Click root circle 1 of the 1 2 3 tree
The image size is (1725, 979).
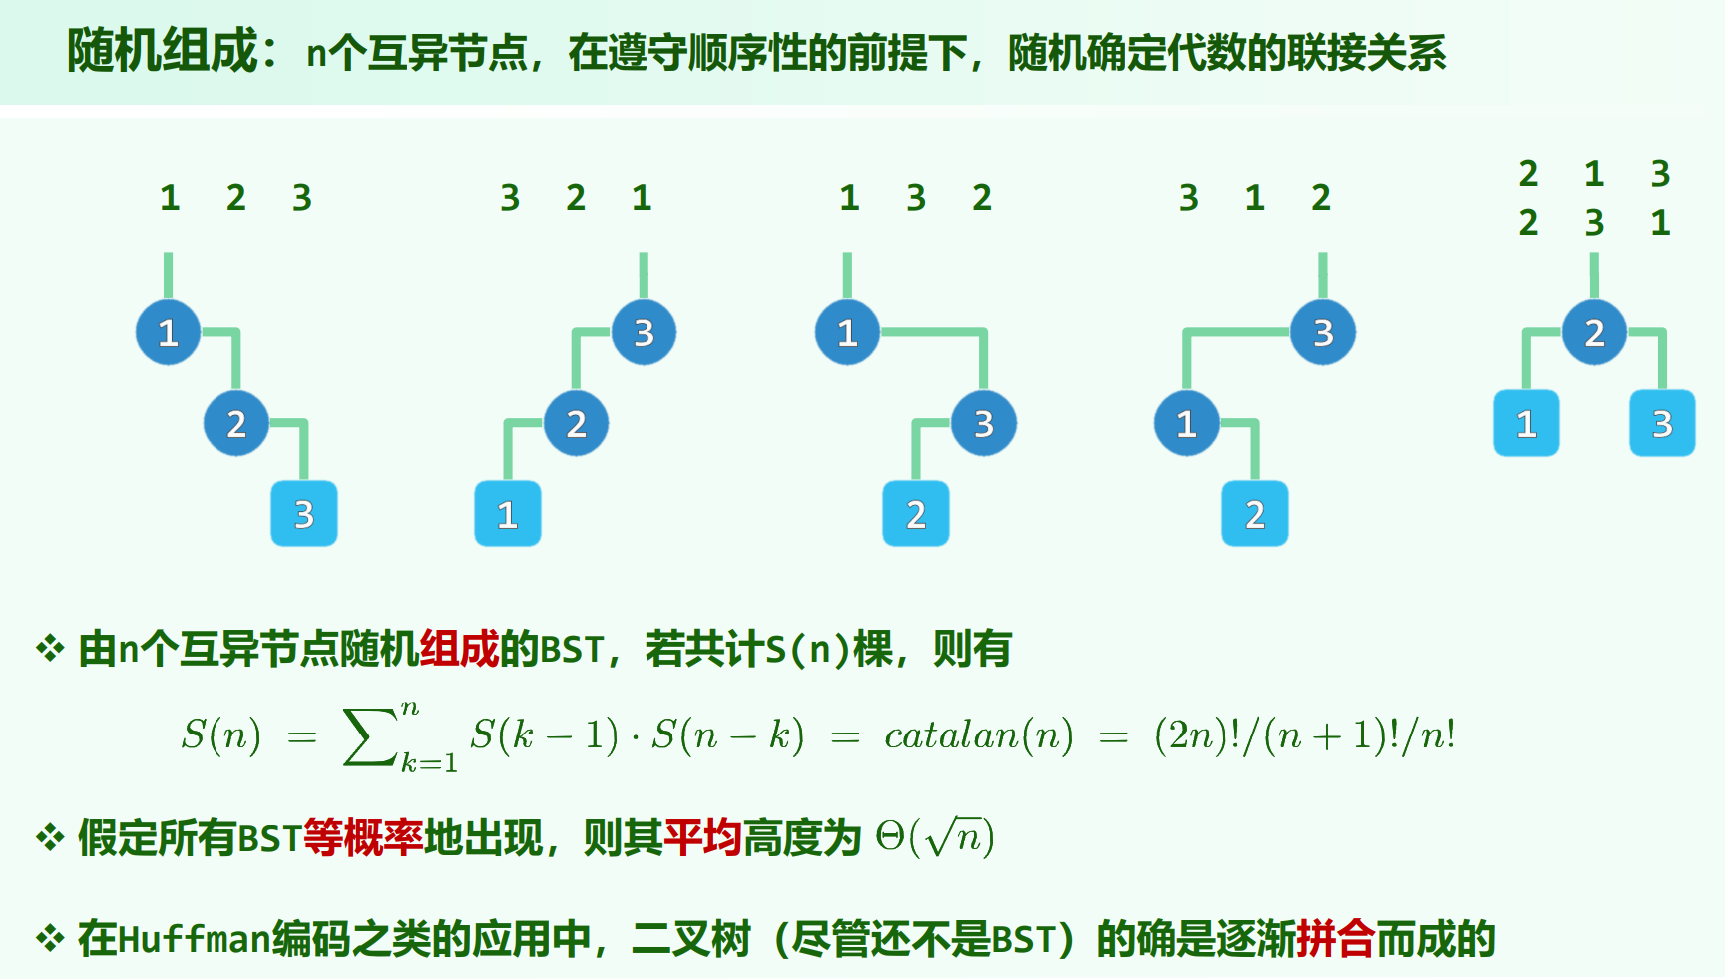click(168, 332)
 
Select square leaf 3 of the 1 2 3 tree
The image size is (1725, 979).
click(304, 514)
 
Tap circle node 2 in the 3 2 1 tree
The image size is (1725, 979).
click(576, 424)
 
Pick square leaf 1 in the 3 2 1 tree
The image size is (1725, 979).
click(507, 514)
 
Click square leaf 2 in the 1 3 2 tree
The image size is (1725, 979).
click(916, 514)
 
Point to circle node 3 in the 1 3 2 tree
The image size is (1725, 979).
click(984, 424)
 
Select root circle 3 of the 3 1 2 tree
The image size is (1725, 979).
click(1323, 332)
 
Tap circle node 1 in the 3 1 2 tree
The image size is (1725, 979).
click(1186, 424)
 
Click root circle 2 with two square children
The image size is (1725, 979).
click(1594, 332)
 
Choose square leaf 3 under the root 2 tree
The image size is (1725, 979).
click(1662, 424)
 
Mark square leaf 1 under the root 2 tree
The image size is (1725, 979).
click(1525, 424)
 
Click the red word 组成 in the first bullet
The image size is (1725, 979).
click(459, 650)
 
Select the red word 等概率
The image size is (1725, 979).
click(363, 838)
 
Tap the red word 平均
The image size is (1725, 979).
click(703, 838)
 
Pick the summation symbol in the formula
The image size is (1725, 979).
click(369, 736)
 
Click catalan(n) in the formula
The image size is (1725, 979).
click(978, 735)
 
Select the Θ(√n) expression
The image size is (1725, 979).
click(935, 837)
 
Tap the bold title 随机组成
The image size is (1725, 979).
click(162, 51)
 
